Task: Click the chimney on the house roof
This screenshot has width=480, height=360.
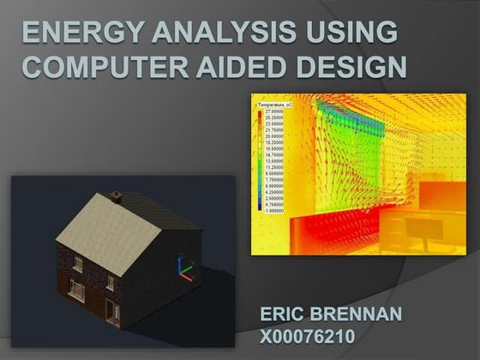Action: [117, 201]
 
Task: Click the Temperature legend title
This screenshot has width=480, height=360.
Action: [277, 103]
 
